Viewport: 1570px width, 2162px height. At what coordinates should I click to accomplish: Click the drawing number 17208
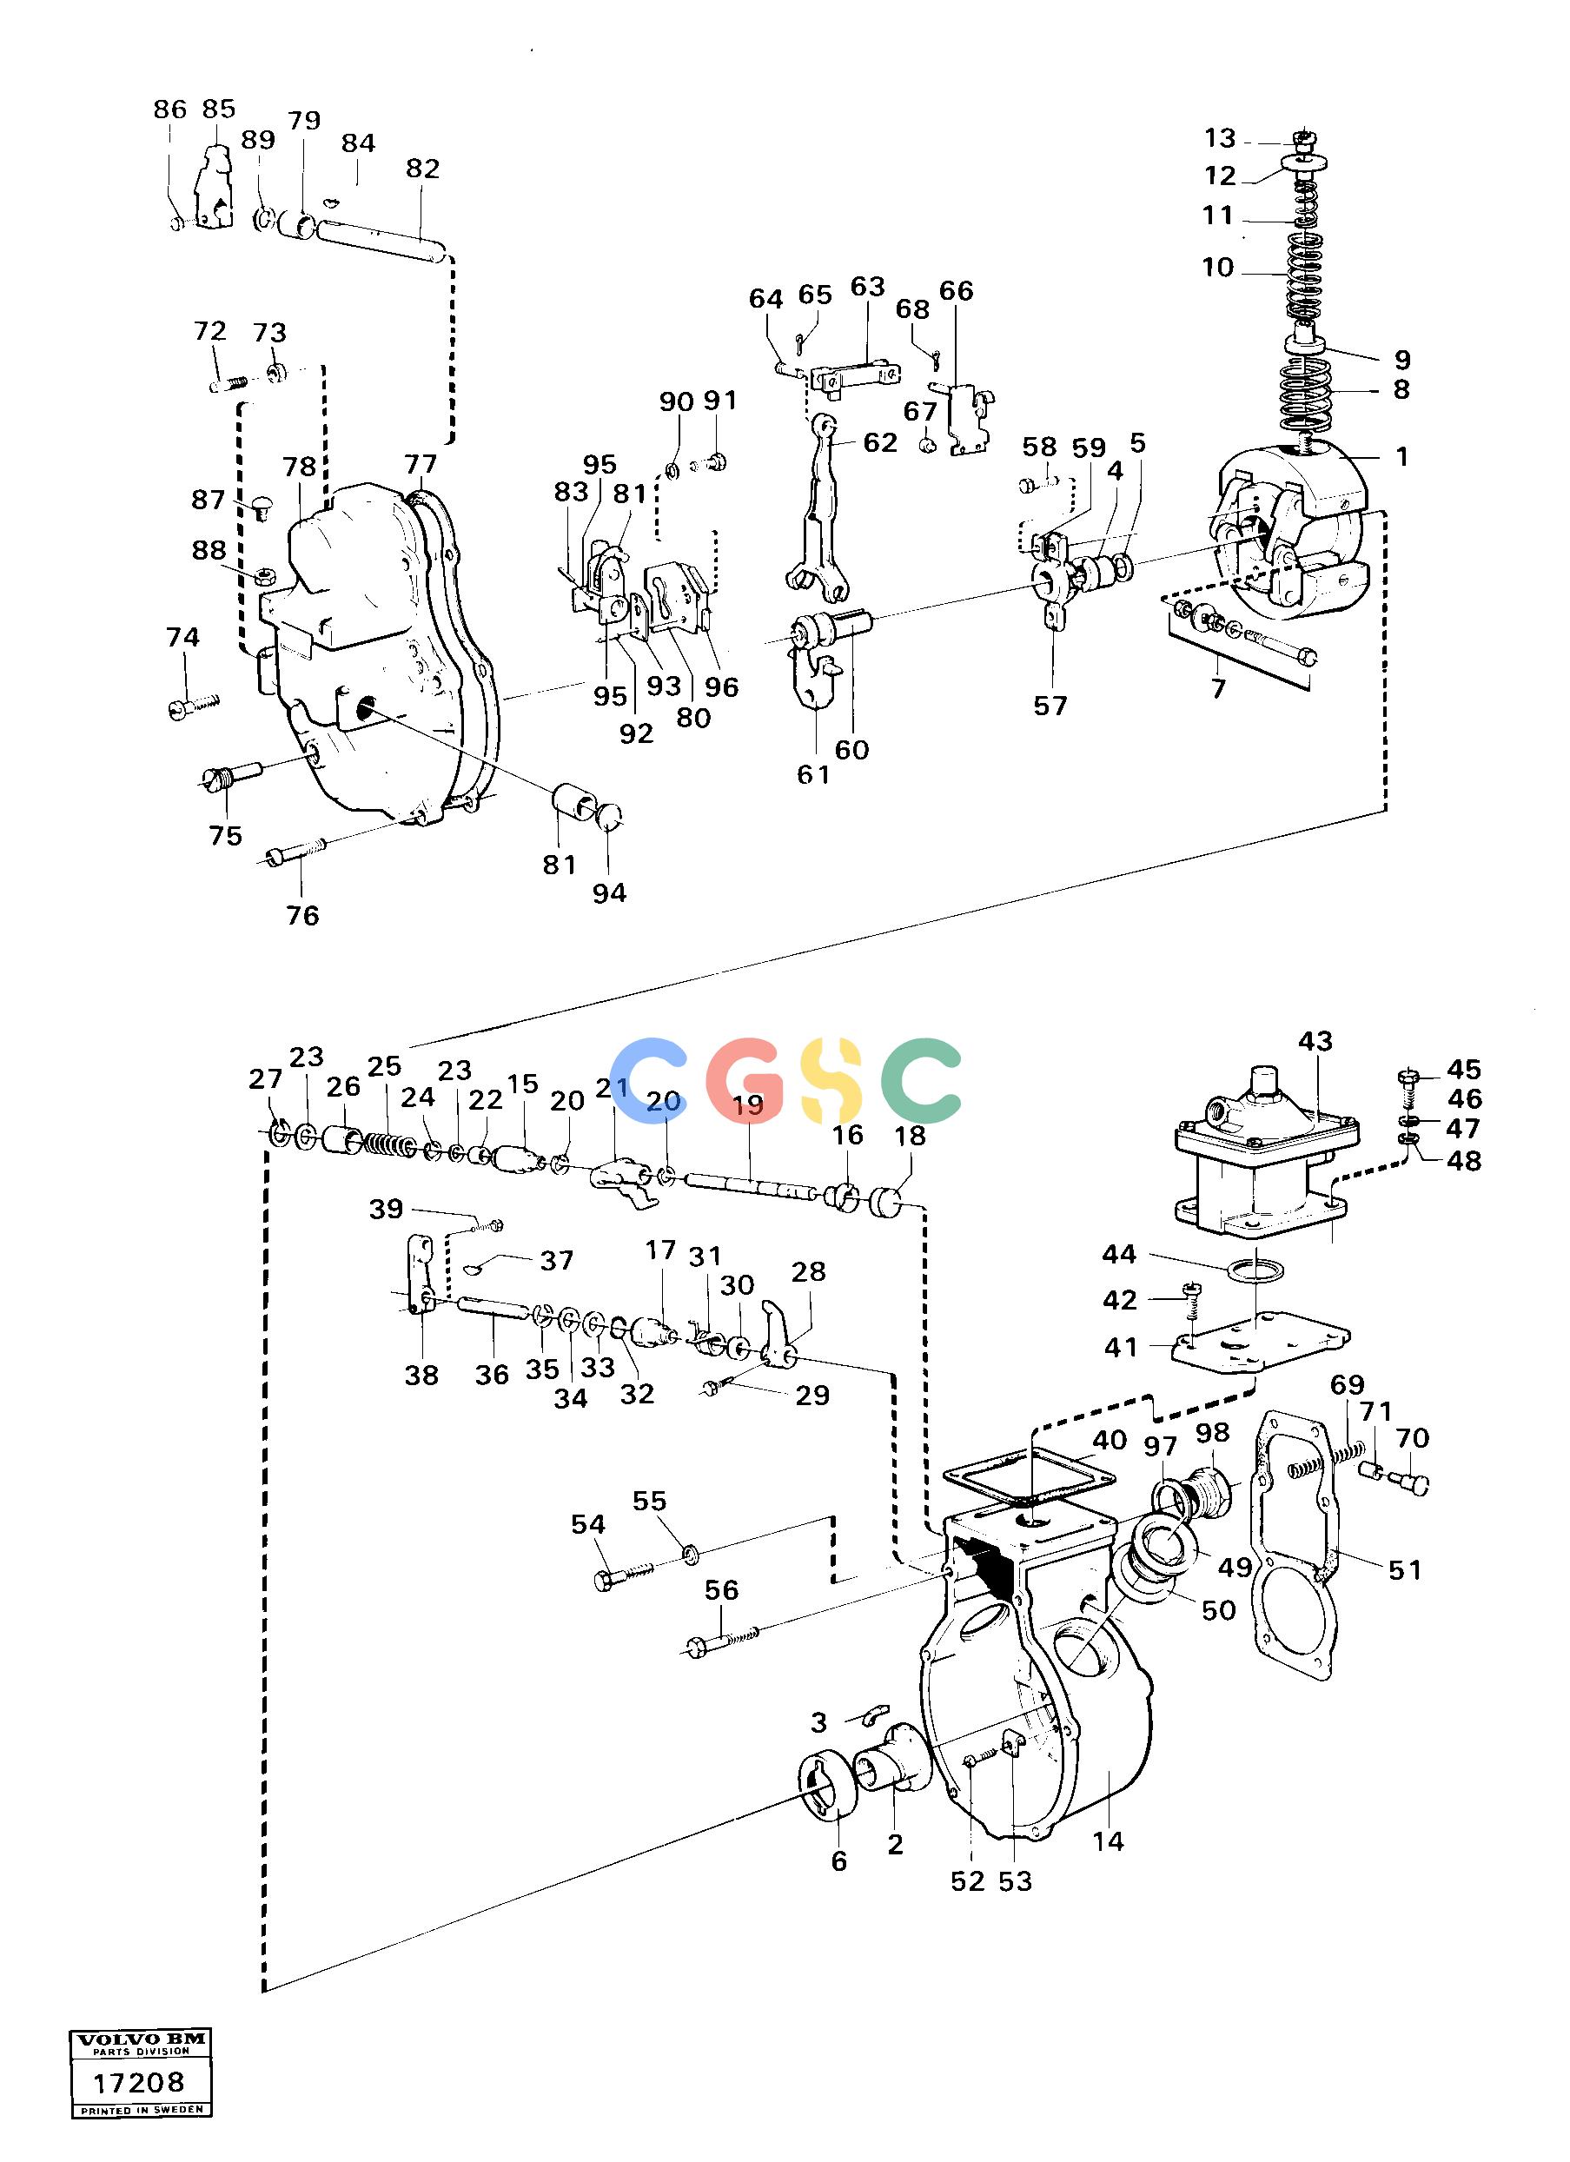tap(140, 2110)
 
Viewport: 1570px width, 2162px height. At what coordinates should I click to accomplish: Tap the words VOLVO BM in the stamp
tap(140, 2066)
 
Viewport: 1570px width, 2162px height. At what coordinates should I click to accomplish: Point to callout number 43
tap(1315, 1041)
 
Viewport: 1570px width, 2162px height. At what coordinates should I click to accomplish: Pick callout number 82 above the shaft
tap(422, 169)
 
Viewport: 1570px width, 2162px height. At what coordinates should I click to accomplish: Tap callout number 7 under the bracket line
tap(1217, 688)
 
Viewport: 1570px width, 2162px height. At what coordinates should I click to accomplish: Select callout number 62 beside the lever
tap(880, 442)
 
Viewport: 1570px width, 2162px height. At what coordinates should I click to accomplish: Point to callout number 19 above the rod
tap(748, 1107)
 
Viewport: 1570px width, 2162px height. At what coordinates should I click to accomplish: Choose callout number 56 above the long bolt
tap(722, 1590)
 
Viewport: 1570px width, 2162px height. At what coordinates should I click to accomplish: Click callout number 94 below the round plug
tap(609, 892)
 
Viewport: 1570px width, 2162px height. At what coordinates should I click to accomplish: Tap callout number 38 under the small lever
tap(421, 1375)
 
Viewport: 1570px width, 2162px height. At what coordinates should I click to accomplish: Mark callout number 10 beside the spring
tap(1217, 267)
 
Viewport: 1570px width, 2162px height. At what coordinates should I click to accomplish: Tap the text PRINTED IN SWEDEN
tap(141, 2137)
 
